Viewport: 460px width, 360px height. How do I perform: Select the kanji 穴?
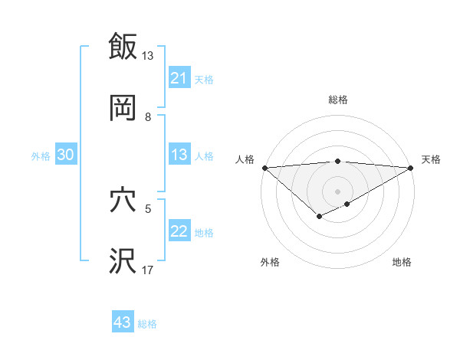pos(123,201)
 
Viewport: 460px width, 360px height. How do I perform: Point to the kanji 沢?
pos(123,261)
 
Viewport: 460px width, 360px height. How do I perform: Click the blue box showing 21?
pos(179,77)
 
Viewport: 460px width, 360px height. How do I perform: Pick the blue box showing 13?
pos(179,155)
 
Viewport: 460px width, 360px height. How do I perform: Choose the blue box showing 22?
pos(179,232)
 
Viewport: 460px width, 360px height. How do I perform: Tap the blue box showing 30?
pos(66,155)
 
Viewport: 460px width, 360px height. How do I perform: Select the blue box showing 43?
pos(123,322)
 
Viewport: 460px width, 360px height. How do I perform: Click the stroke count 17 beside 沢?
pos(148,270)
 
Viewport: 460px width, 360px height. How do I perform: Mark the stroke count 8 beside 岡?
pos(148,116)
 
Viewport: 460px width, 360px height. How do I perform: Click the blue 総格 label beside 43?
pos(148,323)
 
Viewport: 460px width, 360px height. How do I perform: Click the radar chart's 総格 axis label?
pos(338,100)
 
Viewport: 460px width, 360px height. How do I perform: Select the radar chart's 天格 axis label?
pos(431,159)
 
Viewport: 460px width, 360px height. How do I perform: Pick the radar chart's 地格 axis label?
pos(402,262)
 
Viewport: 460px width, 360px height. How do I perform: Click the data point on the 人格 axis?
pos(264,168)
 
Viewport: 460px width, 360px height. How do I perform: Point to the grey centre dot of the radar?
pos(338,191)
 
